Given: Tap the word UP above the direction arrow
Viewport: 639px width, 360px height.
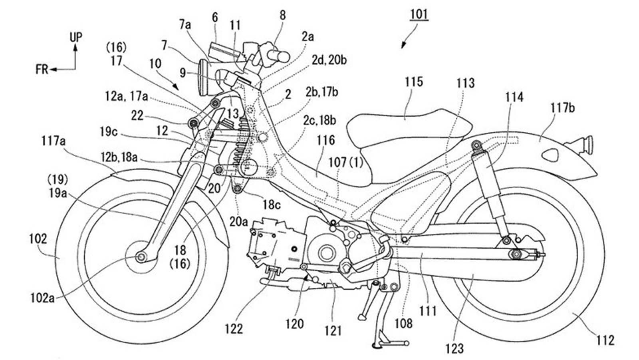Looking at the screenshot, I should pos(76,38).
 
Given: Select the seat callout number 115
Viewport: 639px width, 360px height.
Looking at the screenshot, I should pos(413,82).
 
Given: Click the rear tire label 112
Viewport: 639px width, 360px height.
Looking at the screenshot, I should pos(605,341).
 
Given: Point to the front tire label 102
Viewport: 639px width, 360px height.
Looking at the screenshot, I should pos(38,239).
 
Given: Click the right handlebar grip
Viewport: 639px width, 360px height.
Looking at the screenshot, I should pos(279,56).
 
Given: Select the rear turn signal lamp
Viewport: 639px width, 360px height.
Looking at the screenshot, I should pos(587,142).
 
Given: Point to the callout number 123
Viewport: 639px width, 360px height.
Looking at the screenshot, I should pos(455,348).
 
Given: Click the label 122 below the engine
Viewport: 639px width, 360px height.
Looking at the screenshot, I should pos(234,329).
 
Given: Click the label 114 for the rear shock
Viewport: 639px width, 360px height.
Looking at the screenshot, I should pos(514,97).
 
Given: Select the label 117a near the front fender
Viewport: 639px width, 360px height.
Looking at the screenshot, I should pos(53,141).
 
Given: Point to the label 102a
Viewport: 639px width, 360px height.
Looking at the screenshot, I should pos(42,298).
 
